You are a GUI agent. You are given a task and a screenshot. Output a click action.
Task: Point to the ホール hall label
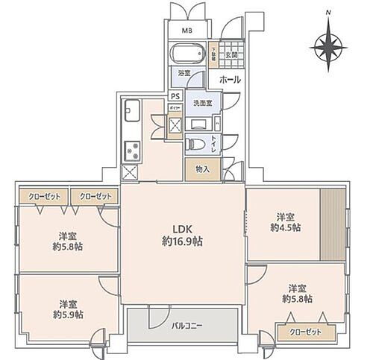[x=229, y=78]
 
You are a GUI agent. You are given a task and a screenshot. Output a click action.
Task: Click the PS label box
[x=175, y=96]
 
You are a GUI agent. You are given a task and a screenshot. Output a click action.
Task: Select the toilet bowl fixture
[x=196, y=144]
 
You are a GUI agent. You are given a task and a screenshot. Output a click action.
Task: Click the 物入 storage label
[x=202, y=168]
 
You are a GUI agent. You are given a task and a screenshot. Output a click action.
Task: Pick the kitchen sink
[x=131, y=113]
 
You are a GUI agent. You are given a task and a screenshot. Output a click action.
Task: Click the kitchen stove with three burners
[x=134, y=149]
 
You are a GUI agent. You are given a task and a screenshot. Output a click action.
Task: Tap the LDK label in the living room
[x=184, y=229]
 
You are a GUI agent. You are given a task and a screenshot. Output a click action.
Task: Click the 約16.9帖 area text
[x=184, y=241]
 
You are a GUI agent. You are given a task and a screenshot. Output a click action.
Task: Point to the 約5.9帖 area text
[x=69, y=315]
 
